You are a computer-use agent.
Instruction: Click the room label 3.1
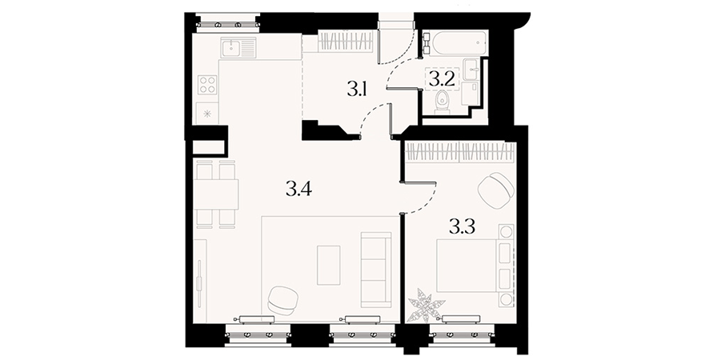[x=357, y=88]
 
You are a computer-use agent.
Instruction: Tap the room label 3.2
[x=441, y=78]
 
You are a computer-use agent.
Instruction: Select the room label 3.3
[x=463, y=226]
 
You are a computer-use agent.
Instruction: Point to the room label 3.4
[x=299, y=189]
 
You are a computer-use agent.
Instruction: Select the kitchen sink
[x=238, y=48]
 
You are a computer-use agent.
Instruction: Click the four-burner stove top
[x=207, y=85]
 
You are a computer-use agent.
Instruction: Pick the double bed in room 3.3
[x=475, y=266]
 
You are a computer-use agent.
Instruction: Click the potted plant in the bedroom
[x=427, y=305]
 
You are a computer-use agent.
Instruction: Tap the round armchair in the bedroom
[x=496, y=190]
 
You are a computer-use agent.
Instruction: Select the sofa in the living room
[x=376, y=270]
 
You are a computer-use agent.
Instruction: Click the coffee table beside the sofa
[x=329, y=266]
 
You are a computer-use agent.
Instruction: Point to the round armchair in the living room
[x=284, y=300]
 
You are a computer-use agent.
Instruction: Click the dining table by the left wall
[x=216, y=194]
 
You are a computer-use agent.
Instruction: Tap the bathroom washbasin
[x=473, y=70]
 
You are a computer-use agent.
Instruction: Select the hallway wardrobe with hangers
[x=346, y=41]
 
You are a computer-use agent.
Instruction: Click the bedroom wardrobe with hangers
[x=460, y=153]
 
